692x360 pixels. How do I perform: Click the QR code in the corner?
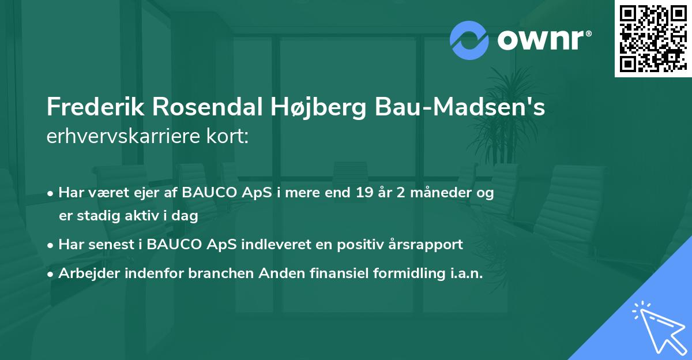coord(653,38)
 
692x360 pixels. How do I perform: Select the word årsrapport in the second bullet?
coord(427,245)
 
